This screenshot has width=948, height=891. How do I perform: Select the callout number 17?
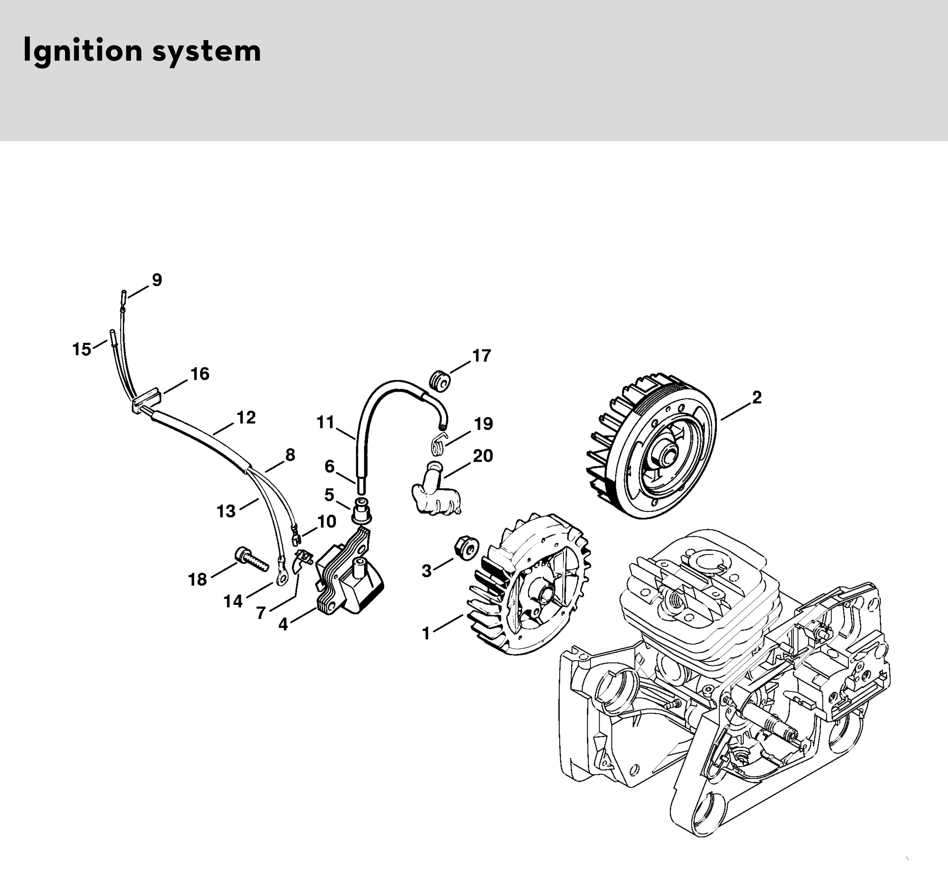(x=482, y=356)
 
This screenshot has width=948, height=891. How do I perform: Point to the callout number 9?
(x=157, y=280)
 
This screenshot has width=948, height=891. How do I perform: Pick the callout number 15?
(x=82, y=349)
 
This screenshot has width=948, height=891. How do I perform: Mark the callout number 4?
(x=283, y=624)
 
